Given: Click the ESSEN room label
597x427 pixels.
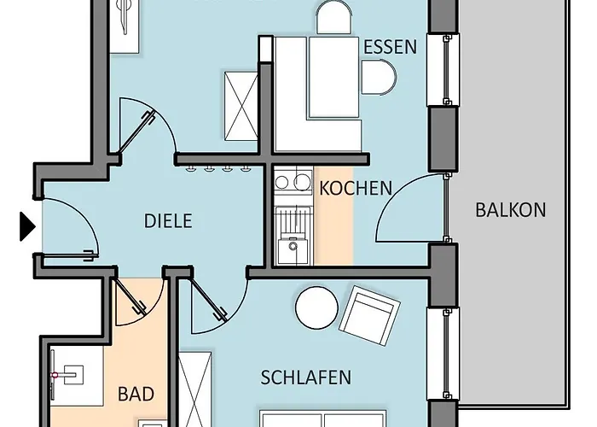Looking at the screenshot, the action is pyautogui.click(x=390, y=47).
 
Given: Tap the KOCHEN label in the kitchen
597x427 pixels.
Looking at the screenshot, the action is pyautogui.click(x=356, y=189).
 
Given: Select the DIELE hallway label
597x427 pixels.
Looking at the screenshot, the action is pyautogui.click(x=168, y=221).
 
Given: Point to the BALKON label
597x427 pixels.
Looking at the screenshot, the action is pyautogui.click(x=511, y=210).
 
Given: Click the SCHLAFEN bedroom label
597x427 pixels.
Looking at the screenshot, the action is pyautogui.click(x=305, y=377).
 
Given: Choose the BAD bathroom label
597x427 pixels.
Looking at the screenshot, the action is pyautogui.click(x=136, y=394).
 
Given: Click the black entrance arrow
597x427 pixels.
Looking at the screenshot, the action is pyautogui.click(x=27, y=227).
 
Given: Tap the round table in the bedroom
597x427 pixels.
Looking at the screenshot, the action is pyautogui.click(x=316, y=307).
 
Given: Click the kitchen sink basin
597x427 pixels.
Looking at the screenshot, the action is pyautogui.click(x=292, y=251).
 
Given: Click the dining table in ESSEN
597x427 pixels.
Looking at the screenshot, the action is pyautogui.click(x=334, y=77).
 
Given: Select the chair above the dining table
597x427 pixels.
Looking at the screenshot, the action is pyautogui.click(x=334, y=17).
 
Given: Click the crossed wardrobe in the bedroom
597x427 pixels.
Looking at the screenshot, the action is pyautogui.click(x=195, y=389).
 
